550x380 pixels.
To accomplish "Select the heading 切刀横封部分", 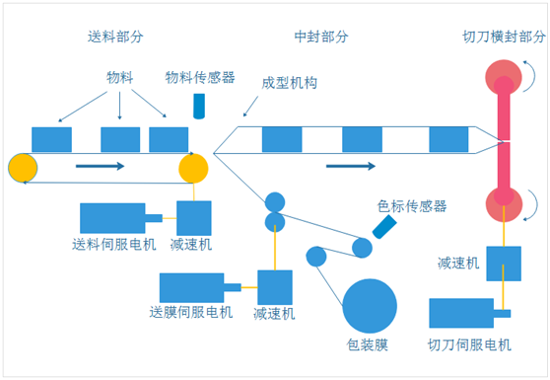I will point(504,38).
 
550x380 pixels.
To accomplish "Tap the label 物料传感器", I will point(200,77).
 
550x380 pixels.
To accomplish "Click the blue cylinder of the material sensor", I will point(200,107).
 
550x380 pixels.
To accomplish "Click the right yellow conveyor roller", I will point(193,167).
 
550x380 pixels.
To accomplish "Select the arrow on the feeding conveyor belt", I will point(100,166).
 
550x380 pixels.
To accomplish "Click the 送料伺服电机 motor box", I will point(112,217).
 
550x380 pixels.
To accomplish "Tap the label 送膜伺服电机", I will point(191,313).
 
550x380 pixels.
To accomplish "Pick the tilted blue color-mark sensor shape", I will point(385,229).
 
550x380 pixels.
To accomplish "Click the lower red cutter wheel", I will point(504,204).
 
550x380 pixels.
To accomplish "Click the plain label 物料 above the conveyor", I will point(121,77).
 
